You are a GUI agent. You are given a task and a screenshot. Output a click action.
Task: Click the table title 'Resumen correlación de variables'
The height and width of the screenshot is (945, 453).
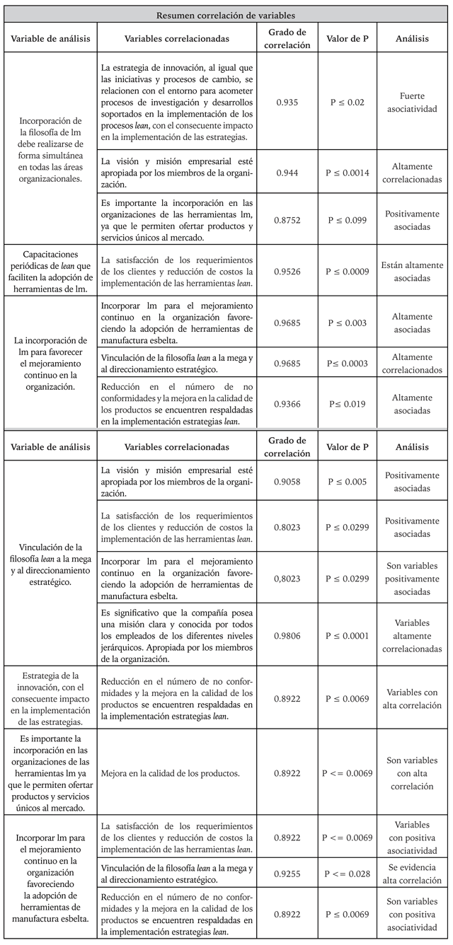(226, 13)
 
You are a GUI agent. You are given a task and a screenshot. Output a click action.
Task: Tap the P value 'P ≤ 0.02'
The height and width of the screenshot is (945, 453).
(348, 102)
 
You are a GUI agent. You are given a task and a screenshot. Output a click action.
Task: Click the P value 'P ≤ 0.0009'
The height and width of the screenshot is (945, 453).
(348, 269)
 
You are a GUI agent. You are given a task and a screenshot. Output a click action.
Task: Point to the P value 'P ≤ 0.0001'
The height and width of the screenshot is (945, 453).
(348, 636)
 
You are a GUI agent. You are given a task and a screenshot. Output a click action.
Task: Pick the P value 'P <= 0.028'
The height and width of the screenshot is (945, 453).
(346, 874)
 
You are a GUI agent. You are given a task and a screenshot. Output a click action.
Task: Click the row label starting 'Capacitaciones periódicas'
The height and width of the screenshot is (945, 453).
(50, 269)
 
